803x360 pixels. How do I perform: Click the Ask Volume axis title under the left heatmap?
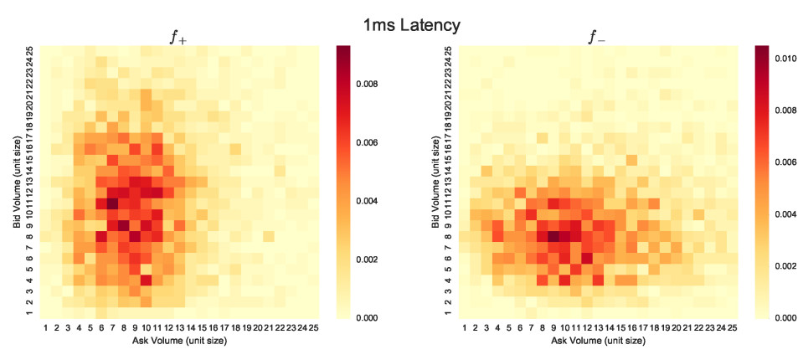(179, 342)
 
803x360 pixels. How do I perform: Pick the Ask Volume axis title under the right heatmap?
(596, 342)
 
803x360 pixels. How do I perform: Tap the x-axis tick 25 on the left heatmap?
(313, 329)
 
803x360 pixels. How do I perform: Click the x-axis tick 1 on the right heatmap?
(462, 329)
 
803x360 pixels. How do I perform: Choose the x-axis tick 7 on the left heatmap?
(112, 329)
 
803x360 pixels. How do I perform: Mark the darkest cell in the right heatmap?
(552, 236)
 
